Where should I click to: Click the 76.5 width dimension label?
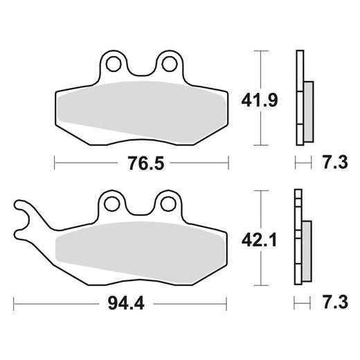(141, 164)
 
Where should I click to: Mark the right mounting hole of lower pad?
(166, 204)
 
